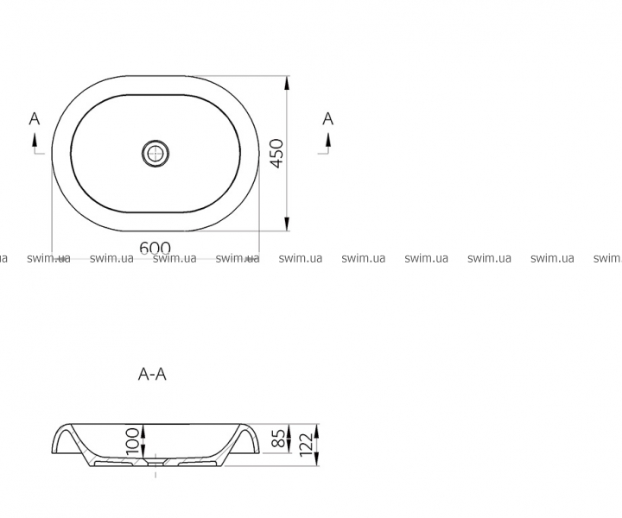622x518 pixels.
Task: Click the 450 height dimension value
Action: click(x=277, y=153)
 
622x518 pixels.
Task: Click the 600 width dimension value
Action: click(x=155, y=248)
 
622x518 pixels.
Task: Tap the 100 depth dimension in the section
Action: click(x=134, y=441)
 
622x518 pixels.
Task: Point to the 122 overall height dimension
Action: click(x=308, y=445)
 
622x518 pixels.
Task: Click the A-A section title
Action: click(x=152, y=374)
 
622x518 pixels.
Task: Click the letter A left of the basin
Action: click(x=35, y=118)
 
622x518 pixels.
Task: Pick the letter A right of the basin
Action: click(x=328, y=118)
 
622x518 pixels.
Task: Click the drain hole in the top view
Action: click(x=155, y=153)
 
